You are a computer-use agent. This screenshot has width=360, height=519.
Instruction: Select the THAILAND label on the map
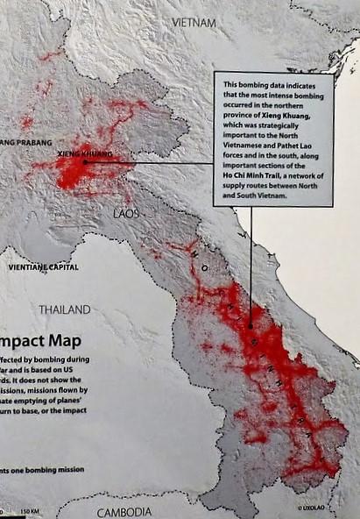pyautogui.click(x=64, y=309)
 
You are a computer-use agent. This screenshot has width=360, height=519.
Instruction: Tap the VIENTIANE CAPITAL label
pyautogui.click(x=42, y=267)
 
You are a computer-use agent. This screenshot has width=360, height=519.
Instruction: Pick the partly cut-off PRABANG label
pyautogui.click(x=26, y=141)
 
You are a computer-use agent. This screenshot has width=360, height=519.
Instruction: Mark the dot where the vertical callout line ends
pyautogui.click(x=252, y=327)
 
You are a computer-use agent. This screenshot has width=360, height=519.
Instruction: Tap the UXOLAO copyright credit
pyautogui.click(x=311, y=508)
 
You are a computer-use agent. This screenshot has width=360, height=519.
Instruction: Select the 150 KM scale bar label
pyautogui.click(x=29, y=511)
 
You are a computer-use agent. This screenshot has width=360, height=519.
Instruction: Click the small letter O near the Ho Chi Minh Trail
pyautogui.click(x=204, y=267)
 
